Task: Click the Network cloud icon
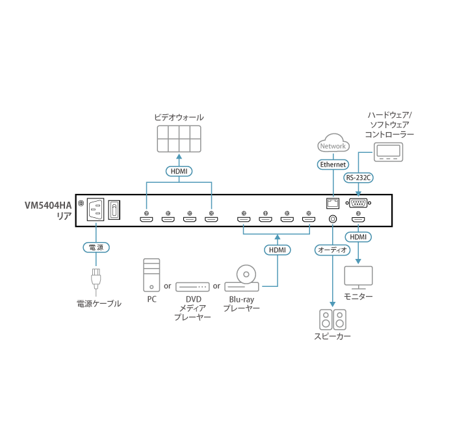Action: pyautogui.click(x=333, y=145)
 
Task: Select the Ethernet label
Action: pyautogui.click(x=333, y=165)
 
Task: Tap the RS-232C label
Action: pyautogui.click(x=359, y=177)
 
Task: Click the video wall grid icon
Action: pyautogui.click(x=178, y=139)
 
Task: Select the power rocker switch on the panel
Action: pyautogui.click(x=115, y=209)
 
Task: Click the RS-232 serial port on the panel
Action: pyautogui.click(x=359, y=202)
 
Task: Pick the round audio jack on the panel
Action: pyautogui.click(x=333, y=219)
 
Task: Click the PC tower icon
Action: pyautogui.click(x=151, y=275)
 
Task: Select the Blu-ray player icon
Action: pyautogui.click(x=246, y=277)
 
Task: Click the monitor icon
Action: pyautogui.click(x=358, y=277)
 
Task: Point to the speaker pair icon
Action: pyautogui.click(x=332, y=319)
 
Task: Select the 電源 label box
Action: pyautogui.click(x=96, y=247)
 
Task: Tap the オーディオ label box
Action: pyautogui.click(x=332, y=249)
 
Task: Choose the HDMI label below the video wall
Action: pyautogui.click(x=178, y=171)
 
